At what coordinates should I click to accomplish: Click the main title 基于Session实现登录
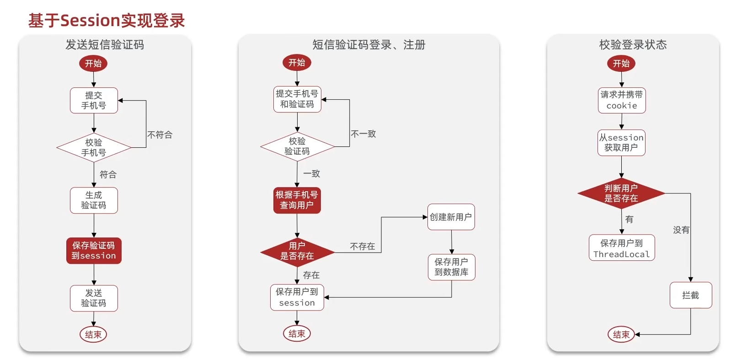point(107,21)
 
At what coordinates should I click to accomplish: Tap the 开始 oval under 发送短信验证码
point(93,63)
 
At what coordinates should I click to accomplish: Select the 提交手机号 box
point(94,100)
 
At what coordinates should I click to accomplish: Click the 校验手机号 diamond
point(94,147)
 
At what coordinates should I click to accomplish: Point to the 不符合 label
point(160,134)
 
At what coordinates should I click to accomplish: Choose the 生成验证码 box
point(94,200)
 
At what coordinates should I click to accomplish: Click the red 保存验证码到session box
point(94,251)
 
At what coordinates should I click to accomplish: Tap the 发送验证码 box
point(94,298)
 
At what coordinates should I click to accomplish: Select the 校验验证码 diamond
point(297,146)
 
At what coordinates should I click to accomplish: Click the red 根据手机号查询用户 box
point(297,200)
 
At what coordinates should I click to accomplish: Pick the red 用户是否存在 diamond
point(297,251)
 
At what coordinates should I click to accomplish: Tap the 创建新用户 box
point(451,217)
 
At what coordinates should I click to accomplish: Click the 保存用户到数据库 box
point(451,267)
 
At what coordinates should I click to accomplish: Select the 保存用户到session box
point(297,297)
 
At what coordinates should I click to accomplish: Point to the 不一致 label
point(363,134)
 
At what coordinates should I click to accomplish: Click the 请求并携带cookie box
point(622,100)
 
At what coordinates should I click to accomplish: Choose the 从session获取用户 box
point(621,143)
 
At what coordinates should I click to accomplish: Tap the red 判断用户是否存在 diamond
point(621,193)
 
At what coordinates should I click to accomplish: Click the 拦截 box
point(690,295)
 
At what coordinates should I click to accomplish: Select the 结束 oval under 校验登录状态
point(621,334)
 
